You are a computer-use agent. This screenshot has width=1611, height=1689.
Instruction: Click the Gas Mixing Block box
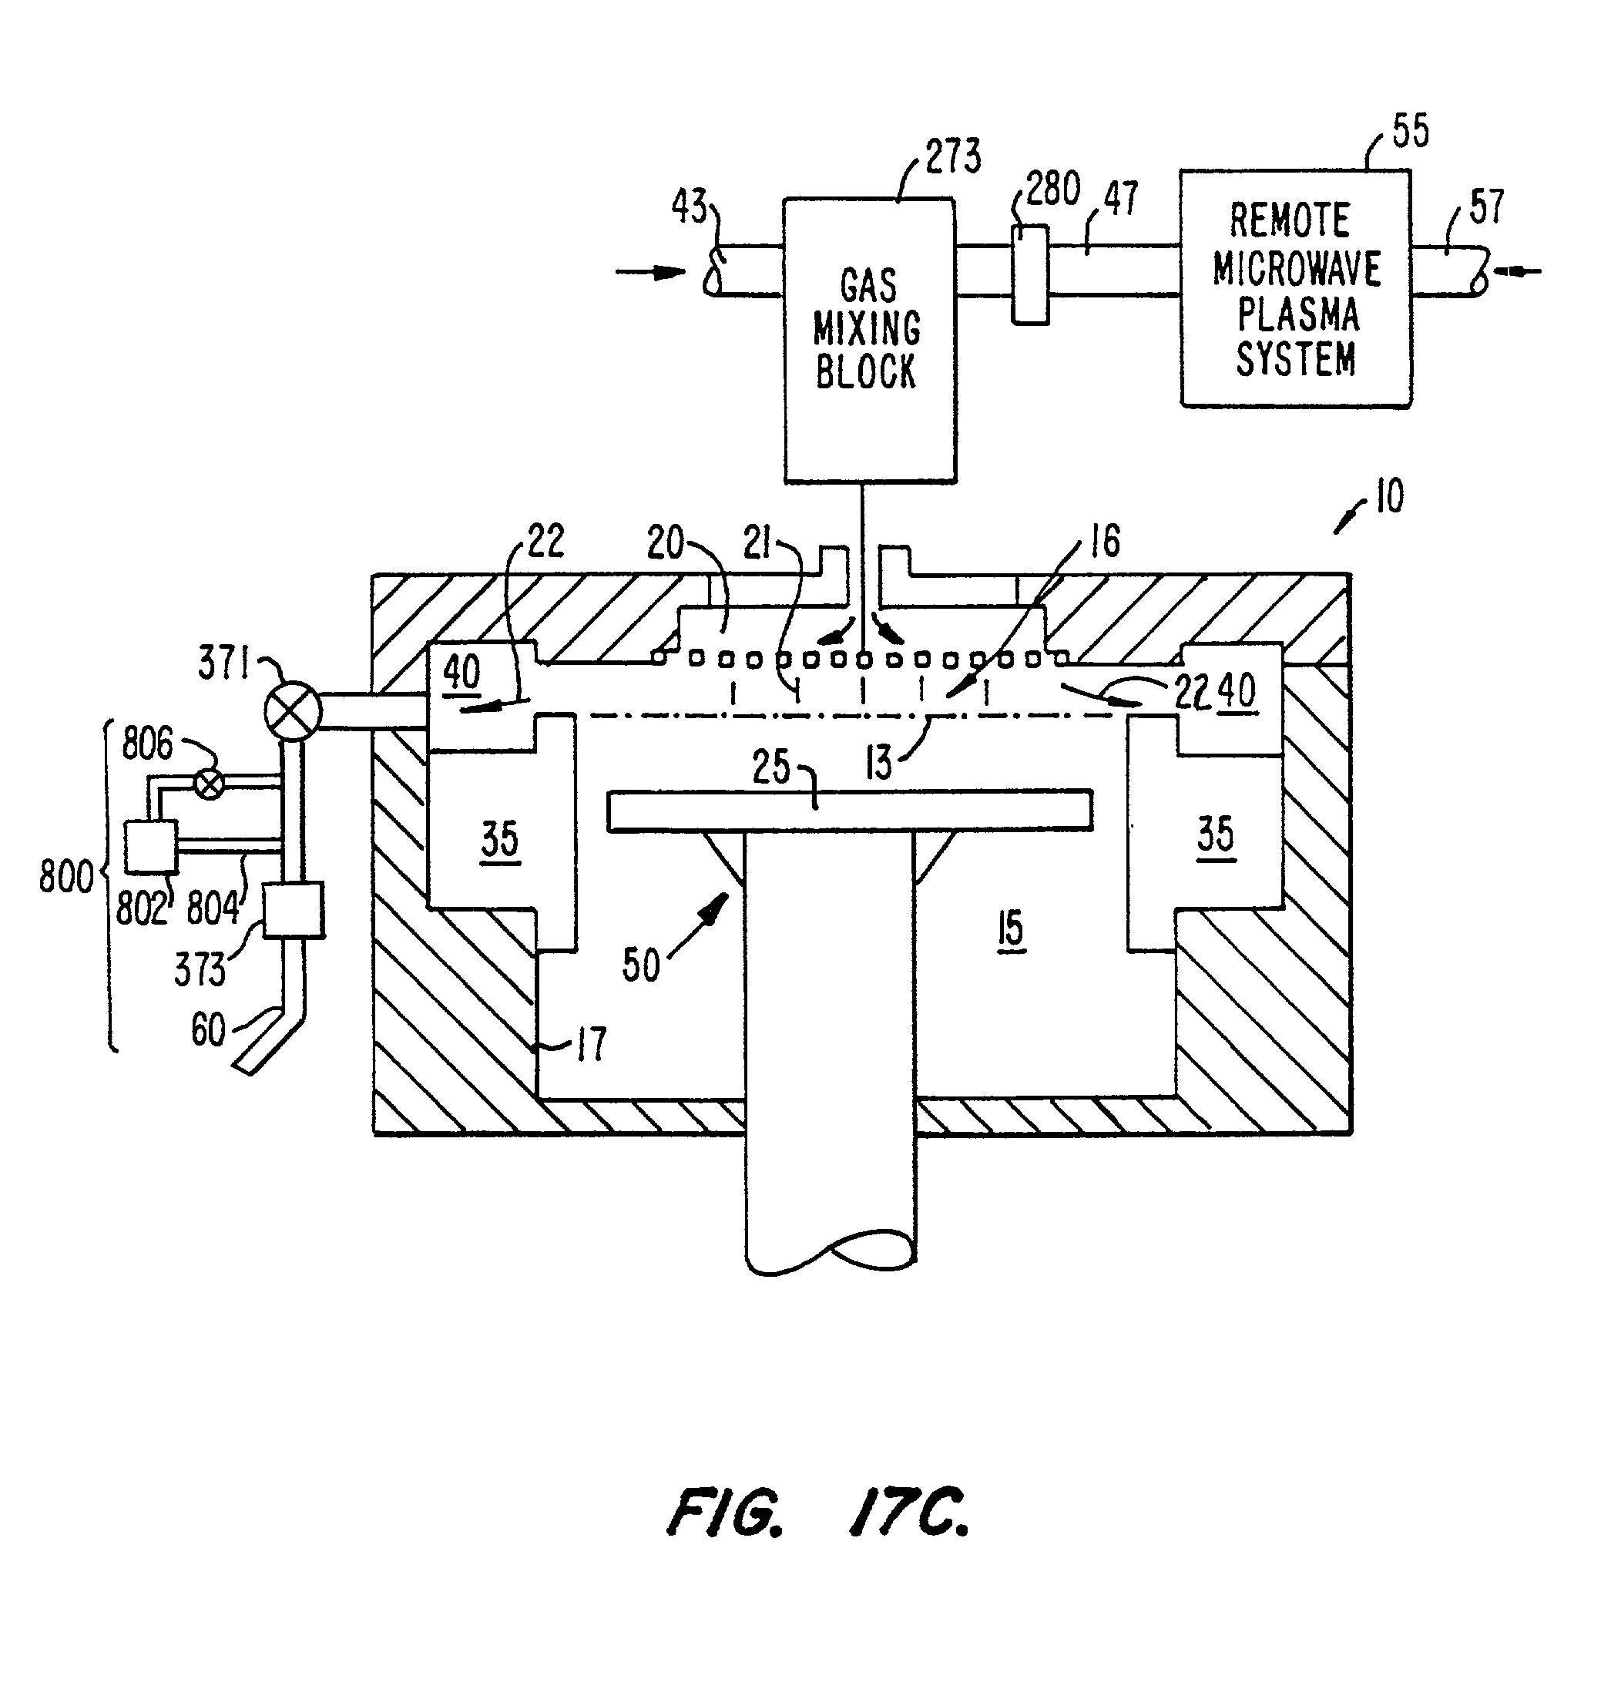(870, 340)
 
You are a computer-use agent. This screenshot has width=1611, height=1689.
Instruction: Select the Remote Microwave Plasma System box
(1295, 287)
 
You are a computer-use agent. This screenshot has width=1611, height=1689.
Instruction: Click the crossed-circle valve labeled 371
(292, 711)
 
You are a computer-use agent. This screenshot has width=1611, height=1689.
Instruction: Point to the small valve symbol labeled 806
(209, 783)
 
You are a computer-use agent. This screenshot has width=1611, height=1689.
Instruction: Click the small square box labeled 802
(151, 847)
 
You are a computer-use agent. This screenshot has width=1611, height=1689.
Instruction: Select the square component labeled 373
(294, 910)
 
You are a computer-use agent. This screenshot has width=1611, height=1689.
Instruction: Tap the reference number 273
(953, 157)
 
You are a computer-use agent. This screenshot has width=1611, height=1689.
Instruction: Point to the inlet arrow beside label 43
(650, 272)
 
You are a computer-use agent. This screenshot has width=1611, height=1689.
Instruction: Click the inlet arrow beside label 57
(1518, 272)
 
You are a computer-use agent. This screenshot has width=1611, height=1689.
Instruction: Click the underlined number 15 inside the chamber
(1011, 928)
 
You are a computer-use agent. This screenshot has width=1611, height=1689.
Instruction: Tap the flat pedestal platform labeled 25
(850, 811)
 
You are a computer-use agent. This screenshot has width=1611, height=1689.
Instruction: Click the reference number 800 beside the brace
(66, 878)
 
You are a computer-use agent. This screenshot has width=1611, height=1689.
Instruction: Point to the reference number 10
(1389, 496)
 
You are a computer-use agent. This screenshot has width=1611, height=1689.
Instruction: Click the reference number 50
(640, 965)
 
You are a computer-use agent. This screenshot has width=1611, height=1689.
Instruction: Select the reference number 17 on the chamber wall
(591, 1044)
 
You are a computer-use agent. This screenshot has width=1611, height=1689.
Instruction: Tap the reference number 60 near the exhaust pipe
(208, 1029)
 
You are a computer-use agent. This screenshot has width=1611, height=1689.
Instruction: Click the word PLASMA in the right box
(1297, 315)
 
